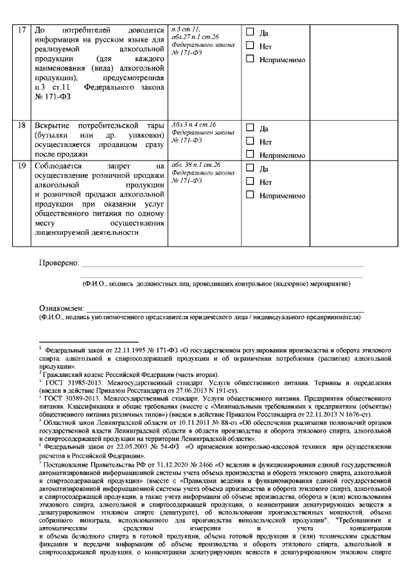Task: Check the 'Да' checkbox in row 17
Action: click(250, 33)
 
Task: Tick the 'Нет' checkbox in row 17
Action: click(250, 46)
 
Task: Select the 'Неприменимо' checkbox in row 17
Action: click(250, 59)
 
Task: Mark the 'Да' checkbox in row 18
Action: click(250, 128)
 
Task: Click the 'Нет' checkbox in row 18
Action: click(250, 141)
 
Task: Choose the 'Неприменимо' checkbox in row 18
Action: click(250, 155)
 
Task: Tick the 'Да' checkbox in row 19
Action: click(250, 169)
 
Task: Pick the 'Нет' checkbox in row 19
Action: click(250, 182)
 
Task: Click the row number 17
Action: click(22, 30)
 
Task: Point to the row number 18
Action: click(22, 126)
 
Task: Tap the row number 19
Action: click(22, 166)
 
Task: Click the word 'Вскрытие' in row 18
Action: click(52, 126)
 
